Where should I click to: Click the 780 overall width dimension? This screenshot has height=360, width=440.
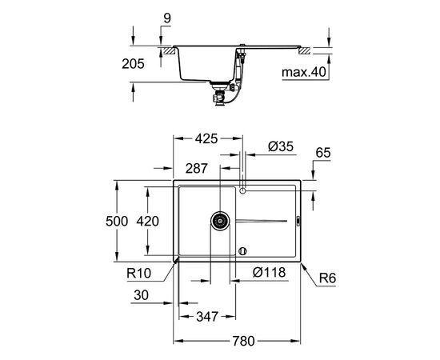tap(243, 342)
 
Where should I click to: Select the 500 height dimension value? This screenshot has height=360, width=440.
tap(117, 222)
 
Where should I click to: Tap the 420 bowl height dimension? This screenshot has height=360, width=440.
tap(148, 222)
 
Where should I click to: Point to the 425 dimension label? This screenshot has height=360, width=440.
tap(206, 138)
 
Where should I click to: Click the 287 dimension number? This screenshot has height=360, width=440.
tap(197, 168)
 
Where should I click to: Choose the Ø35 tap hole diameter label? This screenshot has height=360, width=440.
tap(281, 146)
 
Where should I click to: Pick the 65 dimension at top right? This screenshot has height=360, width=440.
tap(323, 153)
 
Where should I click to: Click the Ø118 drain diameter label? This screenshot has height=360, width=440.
tap(269, 272)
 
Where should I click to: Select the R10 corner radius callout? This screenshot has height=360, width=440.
tap(139, 273)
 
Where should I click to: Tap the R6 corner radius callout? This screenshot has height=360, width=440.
tap(327, 278)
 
